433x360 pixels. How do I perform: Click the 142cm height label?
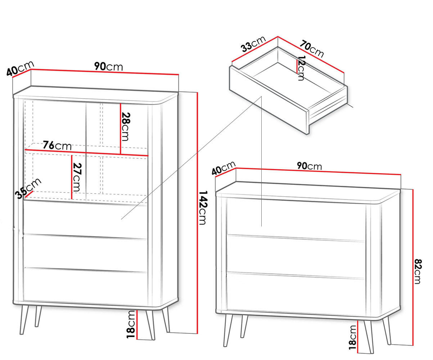[202, 208]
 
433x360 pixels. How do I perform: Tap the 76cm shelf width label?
[57, 146]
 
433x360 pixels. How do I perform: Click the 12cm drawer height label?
[301, 68]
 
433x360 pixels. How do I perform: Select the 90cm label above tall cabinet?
[108, 67]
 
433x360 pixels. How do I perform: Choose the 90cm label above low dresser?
[309, 166]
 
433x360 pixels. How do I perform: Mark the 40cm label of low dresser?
[224, 168]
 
